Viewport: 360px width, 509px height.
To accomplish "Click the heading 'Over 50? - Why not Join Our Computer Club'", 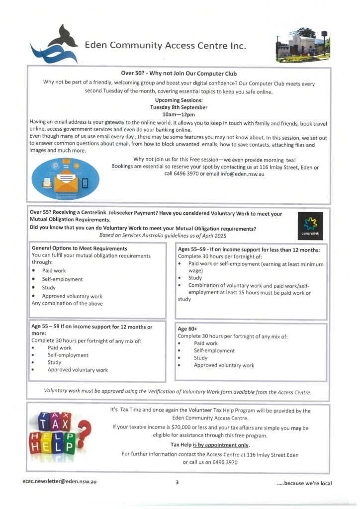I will point(179,74).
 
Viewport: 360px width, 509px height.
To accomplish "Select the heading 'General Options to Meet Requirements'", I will point(80,248).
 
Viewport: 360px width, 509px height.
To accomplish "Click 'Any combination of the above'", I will point(67,303).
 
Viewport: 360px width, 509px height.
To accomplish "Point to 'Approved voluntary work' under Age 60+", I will point(224,365).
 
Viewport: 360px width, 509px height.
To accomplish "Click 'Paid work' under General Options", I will point(54,271).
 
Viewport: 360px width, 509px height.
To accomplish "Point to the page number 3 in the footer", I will point(177,482).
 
